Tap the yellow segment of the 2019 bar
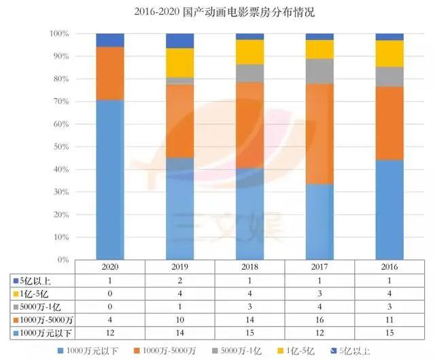point(180,62)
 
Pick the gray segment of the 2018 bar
point(249,73)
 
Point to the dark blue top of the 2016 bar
point(389,37)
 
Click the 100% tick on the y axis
point(58,33)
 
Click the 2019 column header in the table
point(179,267)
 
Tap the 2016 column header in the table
point(389,267)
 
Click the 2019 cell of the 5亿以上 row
point(179,280)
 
